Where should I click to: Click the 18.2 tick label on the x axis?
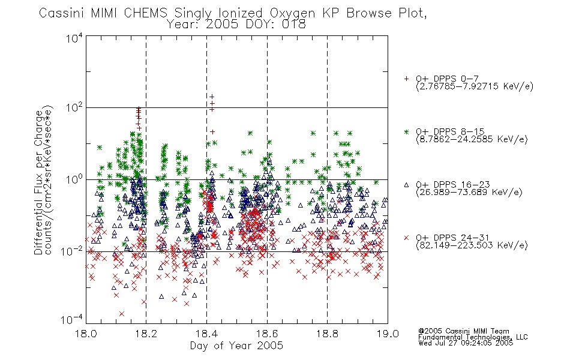point(146,334)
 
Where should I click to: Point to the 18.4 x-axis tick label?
point(207,334)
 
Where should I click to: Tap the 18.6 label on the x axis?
point(267,334)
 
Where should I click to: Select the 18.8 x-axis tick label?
point(328,334)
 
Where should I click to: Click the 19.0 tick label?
point(388,334)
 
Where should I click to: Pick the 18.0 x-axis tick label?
point(86,334)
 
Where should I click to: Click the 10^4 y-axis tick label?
point(74,38)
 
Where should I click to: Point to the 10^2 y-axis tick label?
point(74,108)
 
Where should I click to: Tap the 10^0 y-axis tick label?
point(74,179)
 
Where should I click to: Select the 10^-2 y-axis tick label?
point(72,251)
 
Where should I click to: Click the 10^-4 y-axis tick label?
point(72,319)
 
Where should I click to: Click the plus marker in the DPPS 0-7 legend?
point(406,79)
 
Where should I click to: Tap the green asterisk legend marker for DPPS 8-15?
point(406,131)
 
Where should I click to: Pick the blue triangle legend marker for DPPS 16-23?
point(406,185)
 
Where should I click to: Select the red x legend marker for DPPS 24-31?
point(406,238)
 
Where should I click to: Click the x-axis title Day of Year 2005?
point(236,346)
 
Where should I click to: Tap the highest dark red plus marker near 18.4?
point(212,97)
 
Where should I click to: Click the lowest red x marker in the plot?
point(122,313)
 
